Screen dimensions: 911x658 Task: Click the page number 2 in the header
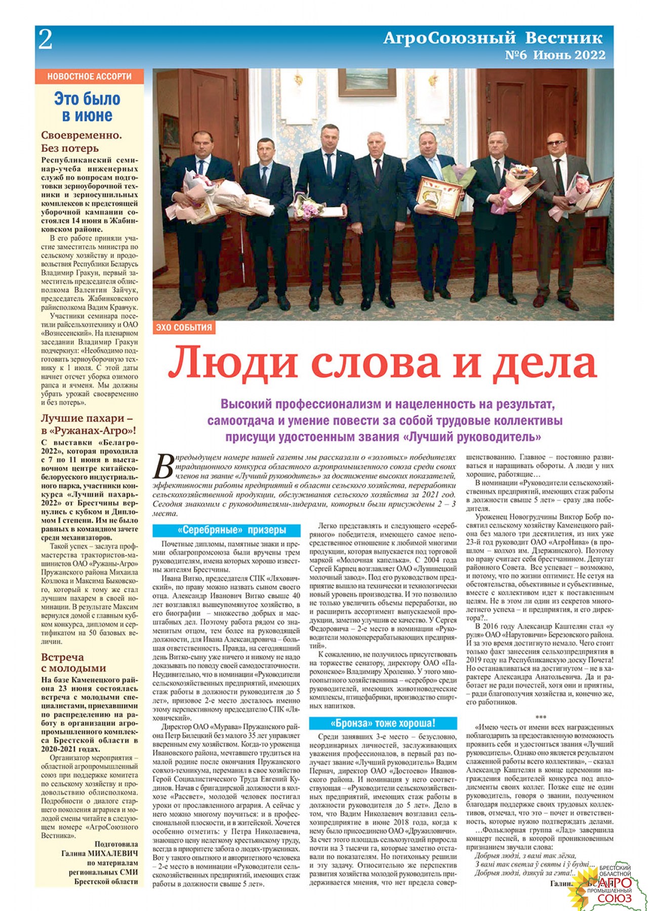[46, 40]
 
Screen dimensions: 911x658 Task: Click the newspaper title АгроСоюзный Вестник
[492, 38]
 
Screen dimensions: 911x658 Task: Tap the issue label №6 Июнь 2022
[555, 55]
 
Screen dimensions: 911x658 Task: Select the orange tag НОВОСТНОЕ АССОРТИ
[89, 76]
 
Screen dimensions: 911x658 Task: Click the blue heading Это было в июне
[88, 107]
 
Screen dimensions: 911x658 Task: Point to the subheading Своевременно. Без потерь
[81, 142]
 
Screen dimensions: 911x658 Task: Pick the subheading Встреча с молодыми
[73, 662]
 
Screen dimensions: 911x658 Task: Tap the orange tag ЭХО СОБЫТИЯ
[184, 327]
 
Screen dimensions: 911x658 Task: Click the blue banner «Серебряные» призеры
[226, 530]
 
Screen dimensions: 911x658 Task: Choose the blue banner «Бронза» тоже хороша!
[383, 723]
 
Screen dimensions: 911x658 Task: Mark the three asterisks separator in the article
[540, 717]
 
